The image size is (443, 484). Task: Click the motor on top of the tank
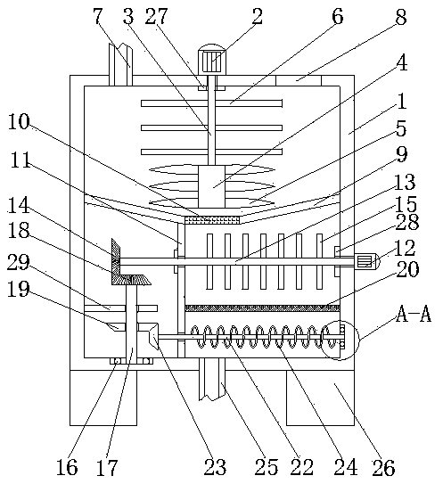[x=212, y=59]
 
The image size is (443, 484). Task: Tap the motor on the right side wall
[x=366, y=261]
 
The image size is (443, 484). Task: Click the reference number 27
[x=157, y=16]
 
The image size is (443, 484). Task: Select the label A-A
[x=414, y=315]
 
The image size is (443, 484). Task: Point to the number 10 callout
[x=19, y=121]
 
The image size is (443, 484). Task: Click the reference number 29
[x=18, y=262]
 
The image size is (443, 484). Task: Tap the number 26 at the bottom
[x=383, y=467]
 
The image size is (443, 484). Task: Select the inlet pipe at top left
[x=120, y=64]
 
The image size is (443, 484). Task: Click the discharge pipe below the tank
[x=212, y=380]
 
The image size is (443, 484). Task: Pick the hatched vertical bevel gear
[x=116, y=261]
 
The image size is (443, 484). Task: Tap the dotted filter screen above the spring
[x=262, y=308]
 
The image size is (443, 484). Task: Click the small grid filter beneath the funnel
[x=212, y=220]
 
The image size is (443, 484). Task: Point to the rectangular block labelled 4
[x=211, y=187]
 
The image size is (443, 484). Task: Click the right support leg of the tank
[x=321, y=398]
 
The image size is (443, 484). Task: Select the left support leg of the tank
[x=103, y=398]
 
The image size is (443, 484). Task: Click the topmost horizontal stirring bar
[x=212, y=103]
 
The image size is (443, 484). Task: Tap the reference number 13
[x=405, y=182]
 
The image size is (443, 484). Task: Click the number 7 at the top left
[x=97, y=16]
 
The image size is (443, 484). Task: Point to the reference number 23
[x=215, y=467]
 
